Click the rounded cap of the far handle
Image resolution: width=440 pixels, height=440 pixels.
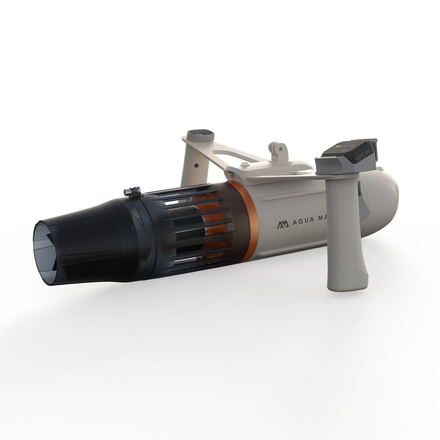coord(200,135)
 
